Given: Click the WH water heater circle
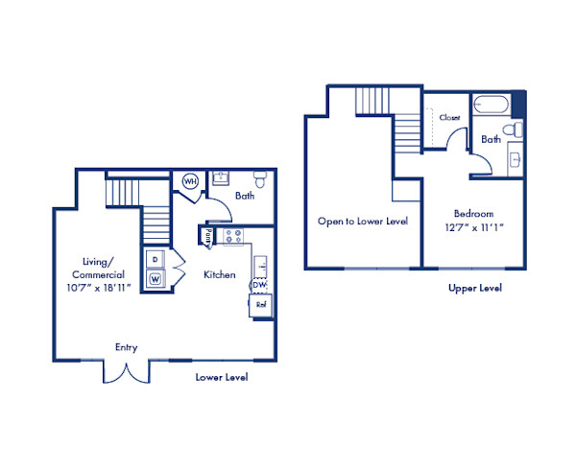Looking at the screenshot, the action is click(190, 181).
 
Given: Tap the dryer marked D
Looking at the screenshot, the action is click(155, 259).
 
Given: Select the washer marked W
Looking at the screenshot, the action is click(155, 279).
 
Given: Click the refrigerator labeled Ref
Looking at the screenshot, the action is click(260, 305).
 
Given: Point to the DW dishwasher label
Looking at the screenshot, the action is click(259, 285).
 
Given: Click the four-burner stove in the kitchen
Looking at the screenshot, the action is click(233, 236).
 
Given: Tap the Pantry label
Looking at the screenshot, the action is click(208, 238).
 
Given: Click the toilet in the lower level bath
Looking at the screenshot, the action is click(260, 178).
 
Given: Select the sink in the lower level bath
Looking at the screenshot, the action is click(220, 178).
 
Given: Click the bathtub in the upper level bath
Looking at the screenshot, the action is click(491, 105).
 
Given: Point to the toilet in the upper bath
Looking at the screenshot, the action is click(512, 129).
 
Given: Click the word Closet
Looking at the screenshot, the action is click(449, 117).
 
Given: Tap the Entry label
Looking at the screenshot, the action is click(127, 347).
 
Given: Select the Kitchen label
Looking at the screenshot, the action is click(220, 274).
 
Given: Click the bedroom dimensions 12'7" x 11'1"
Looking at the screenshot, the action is click(474, 227).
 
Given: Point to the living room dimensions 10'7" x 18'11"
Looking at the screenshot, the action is click(99, 288).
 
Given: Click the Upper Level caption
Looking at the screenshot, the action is click(475, 288).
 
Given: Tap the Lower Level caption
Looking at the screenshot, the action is click(222, 377).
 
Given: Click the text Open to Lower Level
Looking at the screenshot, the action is click(363, 222).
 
